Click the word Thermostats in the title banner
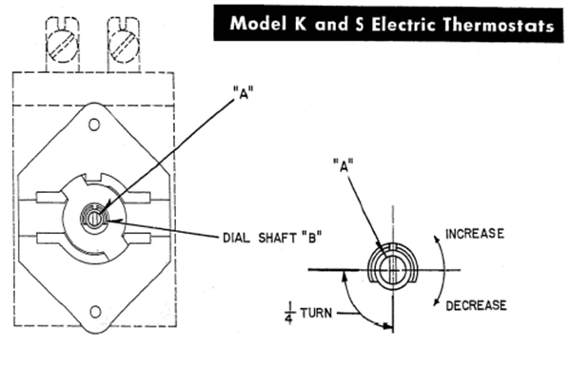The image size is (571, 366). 498,25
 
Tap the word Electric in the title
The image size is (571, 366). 404,25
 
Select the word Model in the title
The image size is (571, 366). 258,24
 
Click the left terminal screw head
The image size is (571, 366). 63,46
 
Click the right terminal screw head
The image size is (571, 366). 124,46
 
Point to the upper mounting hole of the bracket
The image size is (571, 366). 94,125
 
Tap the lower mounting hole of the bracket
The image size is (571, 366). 95,312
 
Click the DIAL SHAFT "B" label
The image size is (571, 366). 272,238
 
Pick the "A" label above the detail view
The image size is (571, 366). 343,165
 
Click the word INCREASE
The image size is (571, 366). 475,234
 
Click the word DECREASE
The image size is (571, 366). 476,305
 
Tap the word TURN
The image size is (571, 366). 316,313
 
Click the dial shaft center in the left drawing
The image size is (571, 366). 94,219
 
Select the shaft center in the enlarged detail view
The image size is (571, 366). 392,270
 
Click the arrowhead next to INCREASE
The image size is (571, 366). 436,239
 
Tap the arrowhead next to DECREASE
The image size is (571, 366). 436,301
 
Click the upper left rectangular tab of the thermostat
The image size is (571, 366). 50,198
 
